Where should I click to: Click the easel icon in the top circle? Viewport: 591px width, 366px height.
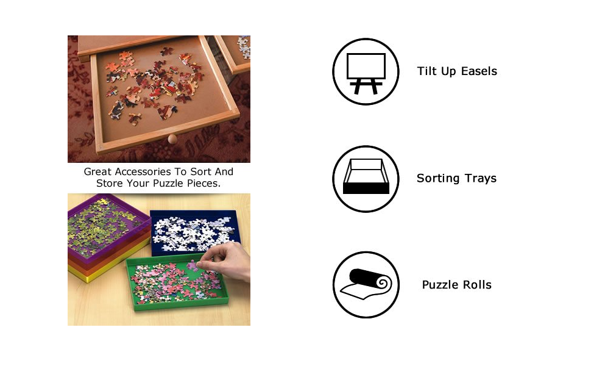click(x=366, y=71)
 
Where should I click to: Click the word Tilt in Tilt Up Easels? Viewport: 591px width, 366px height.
click(x=426, y=71)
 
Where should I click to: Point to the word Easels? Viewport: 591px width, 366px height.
click(x=480, y=71)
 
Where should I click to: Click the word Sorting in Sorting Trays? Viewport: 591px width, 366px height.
click(x=437, y=179)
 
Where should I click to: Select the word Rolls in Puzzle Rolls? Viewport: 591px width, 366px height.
click(x=477, y=285)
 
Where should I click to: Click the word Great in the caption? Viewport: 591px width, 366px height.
click(x=98, y=172)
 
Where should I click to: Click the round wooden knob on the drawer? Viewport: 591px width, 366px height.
click(x=172, y=139)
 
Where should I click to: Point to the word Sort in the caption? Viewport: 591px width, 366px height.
click(x=199, y=172)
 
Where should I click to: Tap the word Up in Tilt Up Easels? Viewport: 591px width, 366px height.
click(x=447, y=71)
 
